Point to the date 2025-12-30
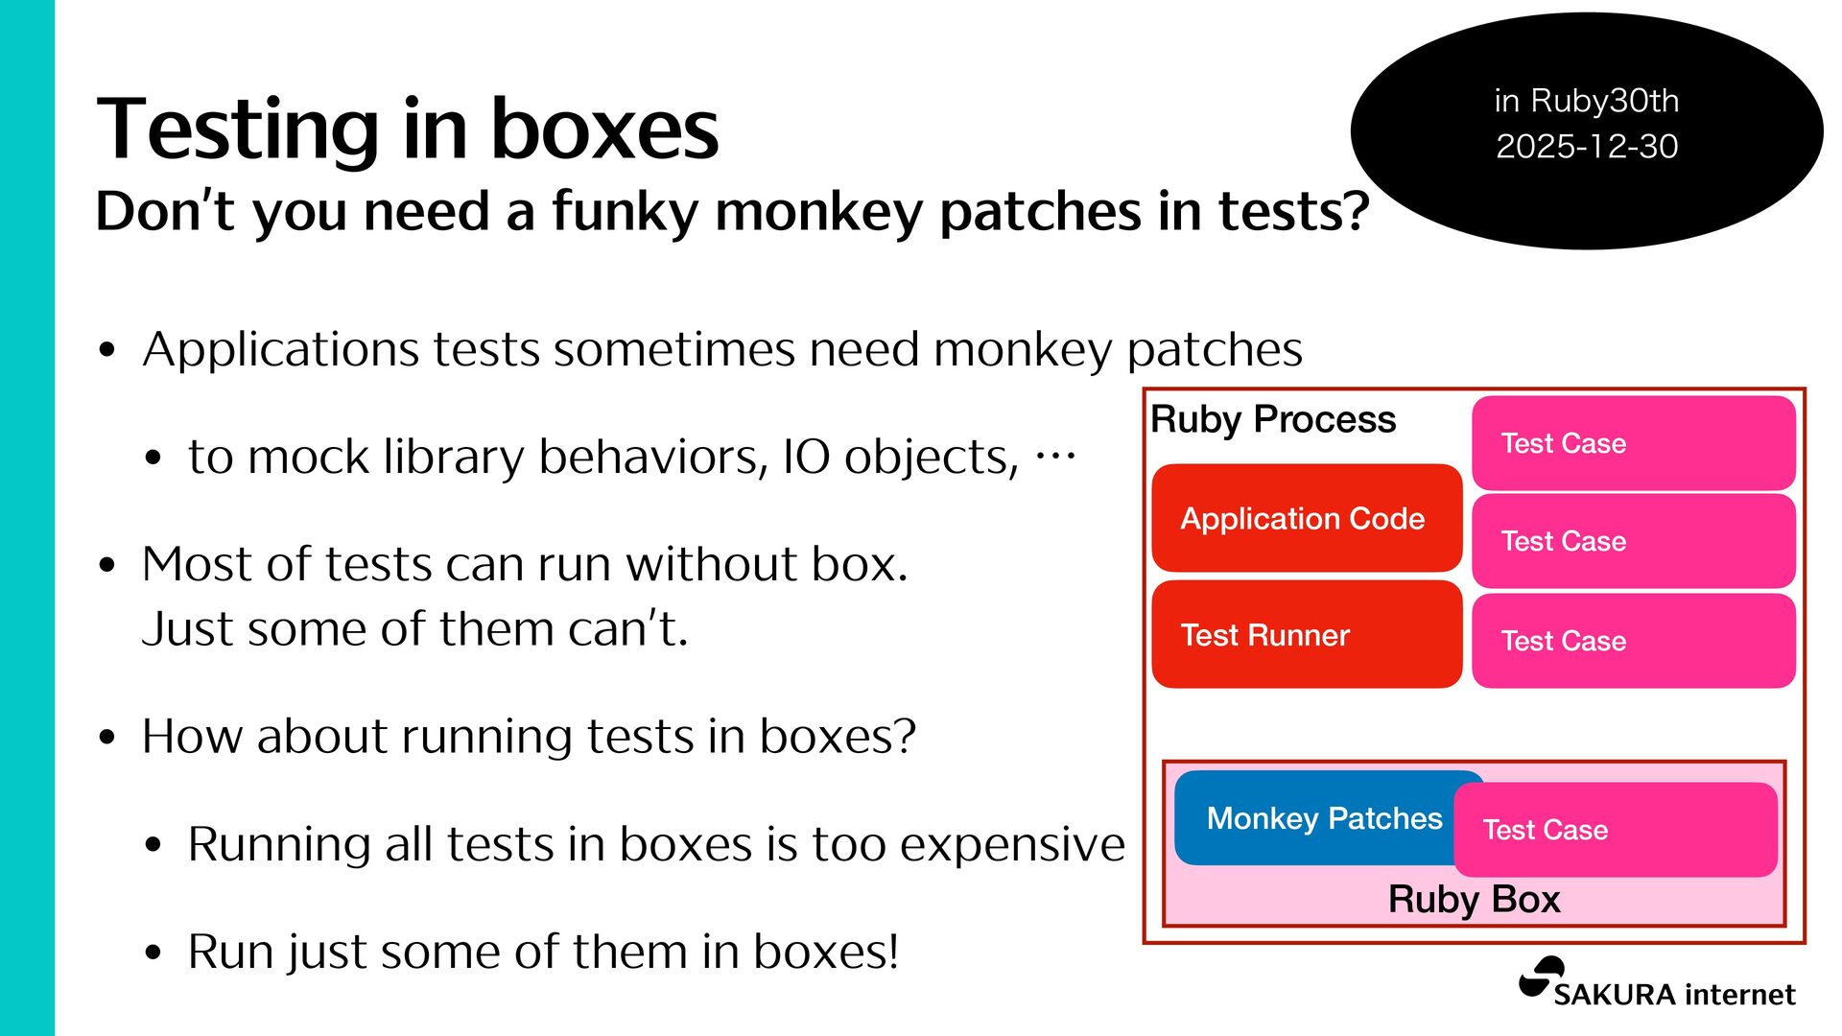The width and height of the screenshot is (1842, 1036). coord(1587,146)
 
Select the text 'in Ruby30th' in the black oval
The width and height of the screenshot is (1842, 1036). coord(1587,101)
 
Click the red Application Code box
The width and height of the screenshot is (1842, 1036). coord(1307,518)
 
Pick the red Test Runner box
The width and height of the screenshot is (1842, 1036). coord(1307,634)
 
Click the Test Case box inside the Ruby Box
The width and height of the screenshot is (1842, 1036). coord(1616,830)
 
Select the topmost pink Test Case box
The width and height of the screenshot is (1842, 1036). coord(1634,443)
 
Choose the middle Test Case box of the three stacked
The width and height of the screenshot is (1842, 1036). coord(1634,541)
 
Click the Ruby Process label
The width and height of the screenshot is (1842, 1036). coord(1273,420)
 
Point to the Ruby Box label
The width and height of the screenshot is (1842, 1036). coord(1475,900)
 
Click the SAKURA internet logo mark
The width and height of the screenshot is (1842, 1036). coord(1542,978)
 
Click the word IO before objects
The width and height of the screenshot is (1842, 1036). coord(806,457)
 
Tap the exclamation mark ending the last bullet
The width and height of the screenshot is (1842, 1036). coord(893,951)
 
